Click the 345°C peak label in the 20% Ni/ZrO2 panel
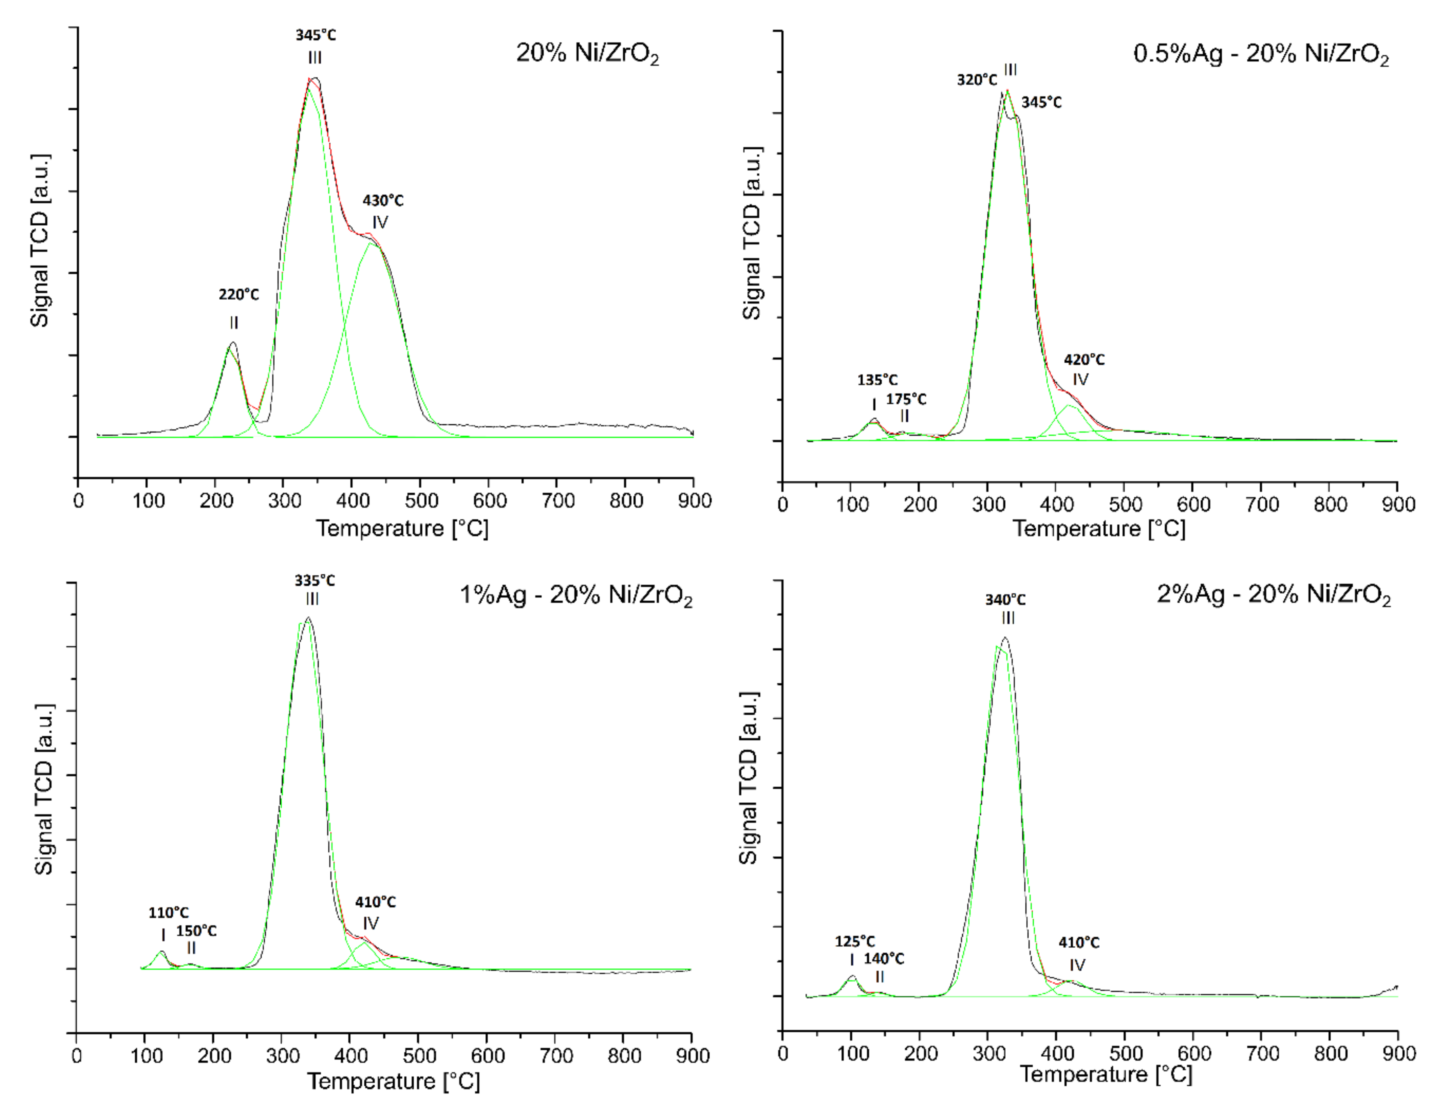tap(315, 35)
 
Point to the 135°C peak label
tap(877, 380)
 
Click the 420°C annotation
tap(1084, 359)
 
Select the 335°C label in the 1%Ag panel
tap(314, 581)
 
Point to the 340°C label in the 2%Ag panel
tap(1005, 599)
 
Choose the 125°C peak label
tap(855, 941)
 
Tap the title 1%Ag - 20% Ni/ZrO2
tap(575, 596)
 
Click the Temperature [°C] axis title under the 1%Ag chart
tap(393, 1081)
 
